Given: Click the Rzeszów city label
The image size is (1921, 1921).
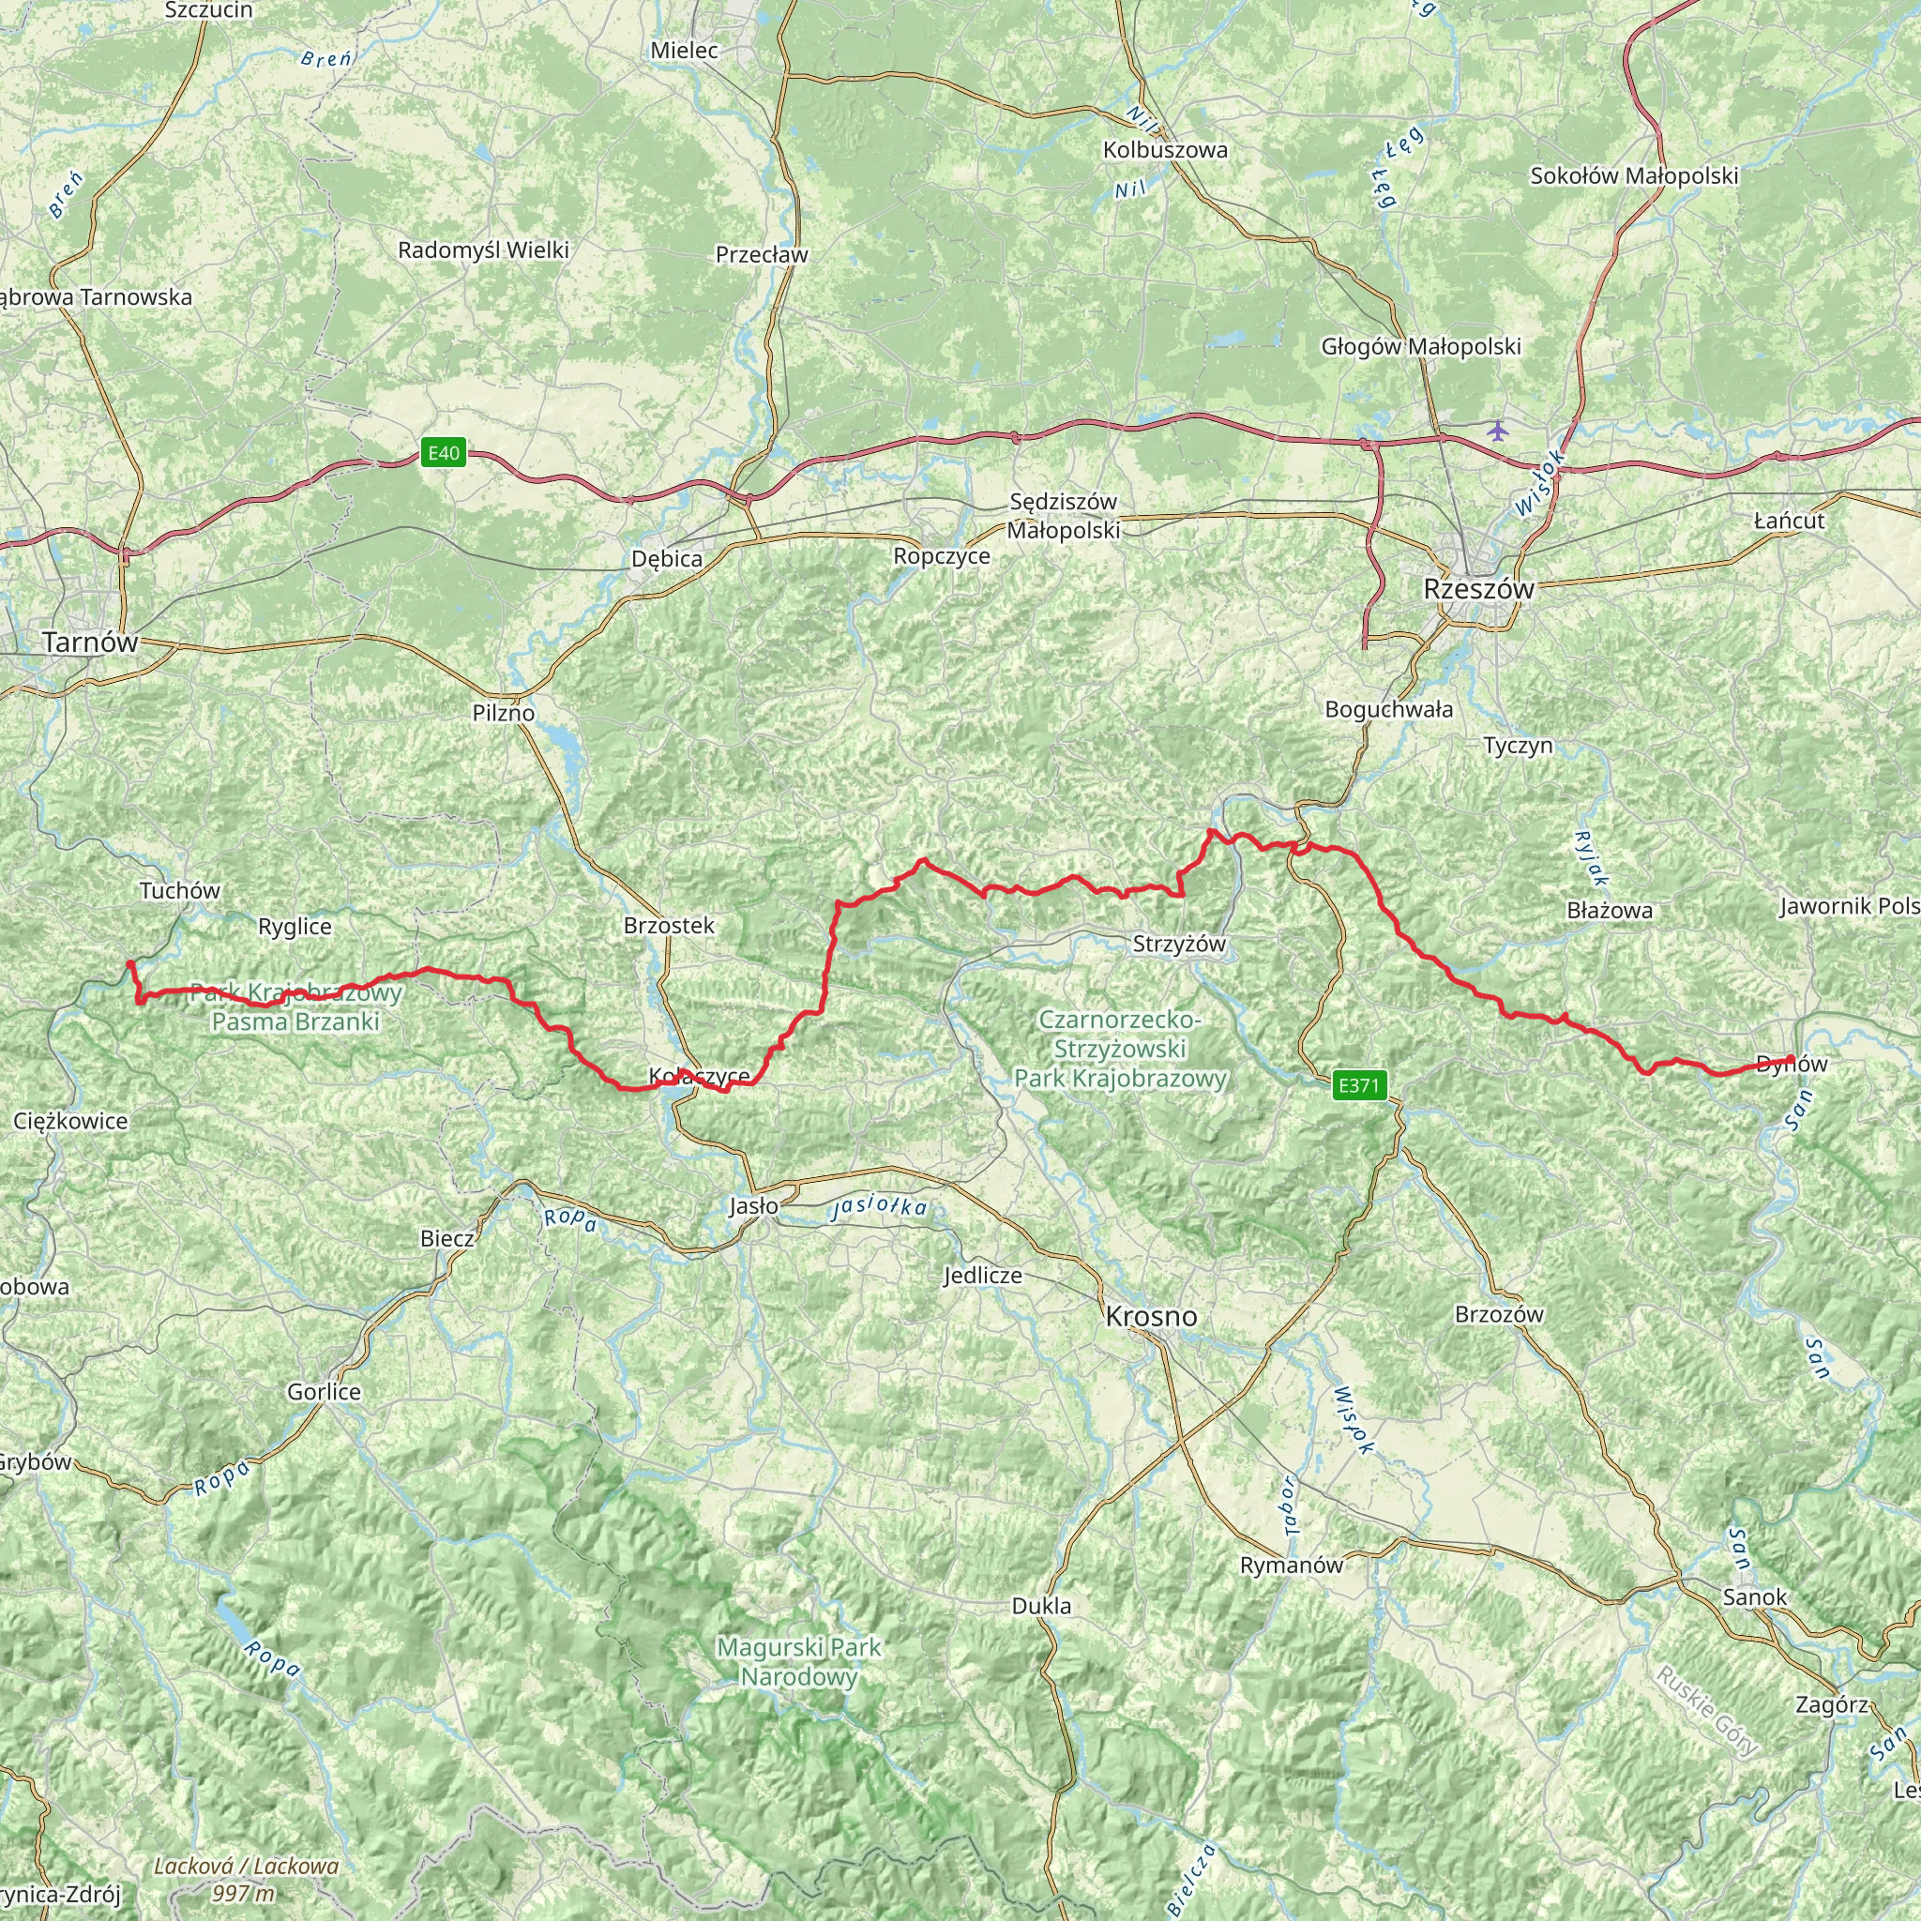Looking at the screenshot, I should click(x=1478, y=589).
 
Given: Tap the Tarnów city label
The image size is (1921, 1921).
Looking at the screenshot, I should click(x=90, y=643).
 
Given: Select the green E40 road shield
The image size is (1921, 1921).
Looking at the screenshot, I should click(x=444, y=453).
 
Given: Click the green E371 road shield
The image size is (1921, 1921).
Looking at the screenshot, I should click(x=1358, y=1085).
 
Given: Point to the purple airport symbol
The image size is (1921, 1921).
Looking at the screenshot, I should click(x=1497, y=431).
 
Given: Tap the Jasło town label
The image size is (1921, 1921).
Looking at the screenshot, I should click(x=754, y=1206).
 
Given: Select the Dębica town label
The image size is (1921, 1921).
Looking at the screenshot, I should click(x=667, y=559).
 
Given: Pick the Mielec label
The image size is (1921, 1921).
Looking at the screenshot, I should click(x=684, y=50).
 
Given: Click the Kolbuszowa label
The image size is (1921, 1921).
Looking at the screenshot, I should click(x=1165, y=150).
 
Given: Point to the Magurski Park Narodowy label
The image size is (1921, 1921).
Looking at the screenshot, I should click(x=799, y=1661).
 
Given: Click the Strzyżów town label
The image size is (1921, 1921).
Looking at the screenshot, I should click(x=1179, y=943).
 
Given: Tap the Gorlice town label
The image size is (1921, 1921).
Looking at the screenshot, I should click(x=325, y=1392).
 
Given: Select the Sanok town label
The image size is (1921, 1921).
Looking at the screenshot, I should click(x=1755, y=1596).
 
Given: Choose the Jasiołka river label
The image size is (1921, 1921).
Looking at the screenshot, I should click(x=879, y=1206).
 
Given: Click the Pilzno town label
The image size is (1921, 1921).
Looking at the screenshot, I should click(x=503, y=713).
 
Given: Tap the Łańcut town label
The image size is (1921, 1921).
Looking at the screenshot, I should click(x=1789, y=521).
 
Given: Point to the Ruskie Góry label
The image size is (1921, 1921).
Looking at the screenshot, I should click(x=1705, y=1710).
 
